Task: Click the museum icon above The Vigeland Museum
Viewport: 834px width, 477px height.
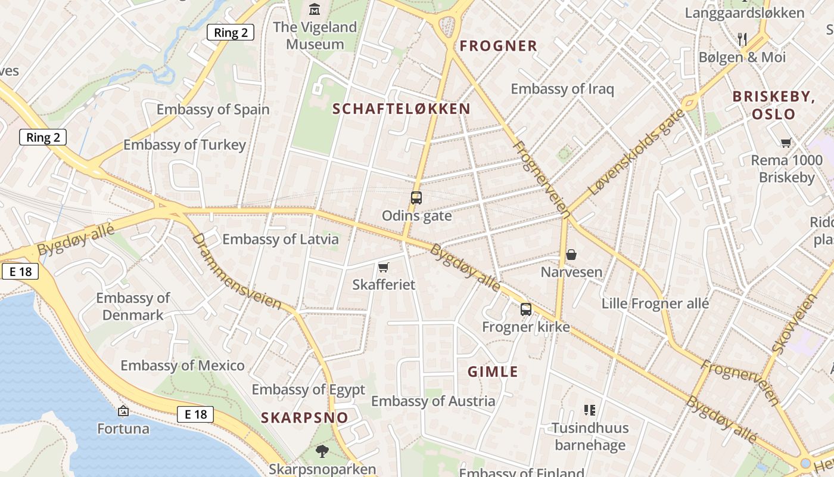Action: click(x=314, y=10)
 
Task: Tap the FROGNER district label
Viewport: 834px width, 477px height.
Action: click(x=499, y=46)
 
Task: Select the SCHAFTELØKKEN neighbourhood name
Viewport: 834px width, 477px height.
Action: click(x=402, y=109)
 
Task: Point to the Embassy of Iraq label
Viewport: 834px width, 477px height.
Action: click(x=562, y=89)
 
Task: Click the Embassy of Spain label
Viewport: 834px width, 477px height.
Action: click(x=213, y=110)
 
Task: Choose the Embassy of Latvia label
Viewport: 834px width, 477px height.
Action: click(x=281, y=240)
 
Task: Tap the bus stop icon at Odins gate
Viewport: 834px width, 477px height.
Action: click(x=416, y=198)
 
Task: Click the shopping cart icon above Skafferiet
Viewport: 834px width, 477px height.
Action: click(x=384, y=267)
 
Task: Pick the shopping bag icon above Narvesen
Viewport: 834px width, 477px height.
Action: click(x=571, y=255)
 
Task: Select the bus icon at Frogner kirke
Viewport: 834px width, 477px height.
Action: click(x=525, y=309)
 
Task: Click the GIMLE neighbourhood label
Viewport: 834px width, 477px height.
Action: click(x=493, y=372)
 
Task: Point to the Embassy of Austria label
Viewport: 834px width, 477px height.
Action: click(x=433, y=401)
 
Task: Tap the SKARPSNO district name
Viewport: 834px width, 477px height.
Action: click(x=304, y=417)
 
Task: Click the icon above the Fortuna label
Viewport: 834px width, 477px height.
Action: click(x=123, y=411)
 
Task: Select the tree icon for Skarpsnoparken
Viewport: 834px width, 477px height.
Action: click(x=322, y=451)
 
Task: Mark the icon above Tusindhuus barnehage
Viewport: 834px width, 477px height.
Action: click(x=590, y=410)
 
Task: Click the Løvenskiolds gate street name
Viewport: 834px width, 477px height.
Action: click(x=636, y=152)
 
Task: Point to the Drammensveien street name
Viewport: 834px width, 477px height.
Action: click(x=236, y=271)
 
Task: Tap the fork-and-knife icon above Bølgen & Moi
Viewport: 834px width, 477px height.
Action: click(x=742, y=39)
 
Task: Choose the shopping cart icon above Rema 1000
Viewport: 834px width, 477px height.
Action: click(x=786, y=143)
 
